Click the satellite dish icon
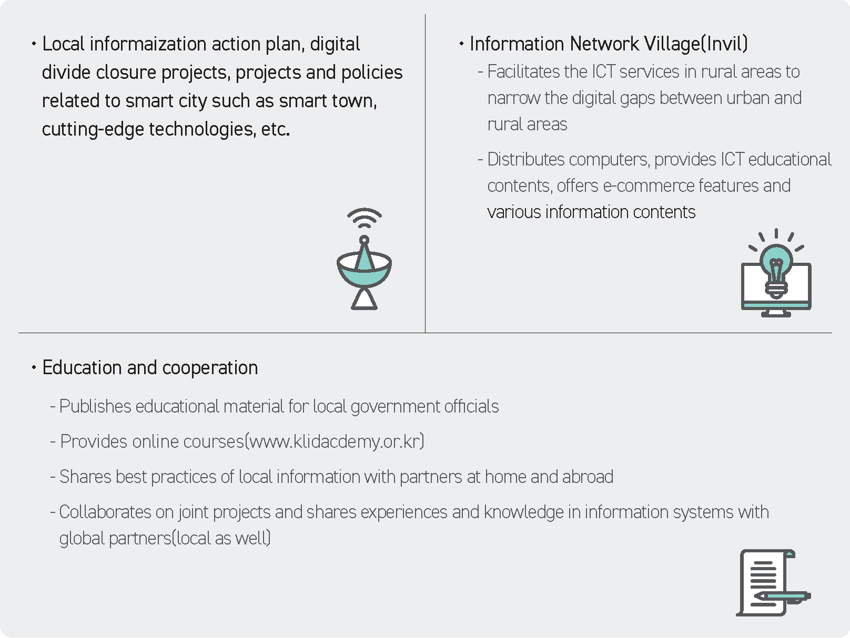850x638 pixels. (x=364, y=271)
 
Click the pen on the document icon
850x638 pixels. (x=782, y=596)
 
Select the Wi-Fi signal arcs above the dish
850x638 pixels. (x=365, y=218)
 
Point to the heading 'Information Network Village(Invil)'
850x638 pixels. (x=609, y=44)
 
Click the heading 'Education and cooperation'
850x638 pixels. (x=150, y=367)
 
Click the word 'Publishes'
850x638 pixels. (x=95, y=407)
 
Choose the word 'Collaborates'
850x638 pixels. (x=105, y=512)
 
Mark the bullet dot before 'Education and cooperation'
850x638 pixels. (x=34, y=367)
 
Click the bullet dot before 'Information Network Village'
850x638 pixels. (x=461, y=44)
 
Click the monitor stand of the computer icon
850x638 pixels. (x=776, y=313)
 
